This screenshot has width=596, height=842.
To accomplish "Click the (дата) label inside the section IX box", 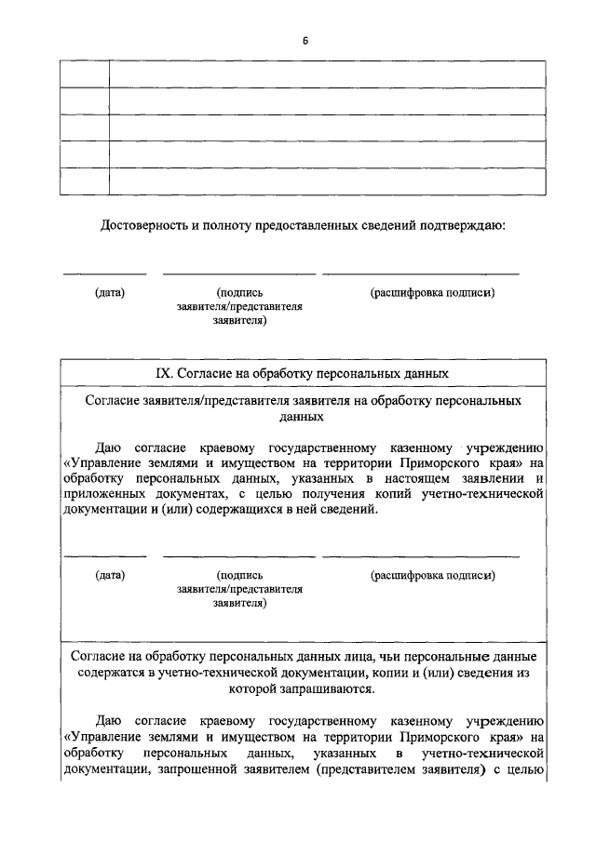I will coord(110,575).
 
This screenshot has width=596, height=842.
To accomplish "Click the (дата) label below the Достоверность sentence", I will coord(110,292).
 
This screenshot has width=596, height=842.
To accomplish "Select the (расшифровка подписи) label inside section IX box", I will coord(431,575).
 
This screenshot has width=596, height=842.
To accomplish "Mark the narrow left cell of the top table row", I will coord(85,74).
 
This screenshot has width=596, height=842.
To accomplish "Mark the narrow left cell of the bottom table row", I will coord(85,180).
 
